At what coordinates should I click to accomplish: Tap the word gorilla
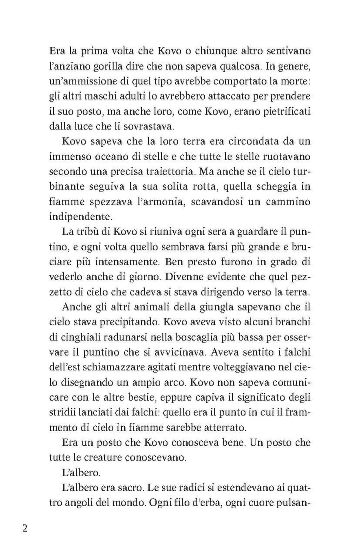click(x=97, y=66)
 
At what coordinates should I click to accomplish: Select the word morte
click(x=295, y=81)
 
